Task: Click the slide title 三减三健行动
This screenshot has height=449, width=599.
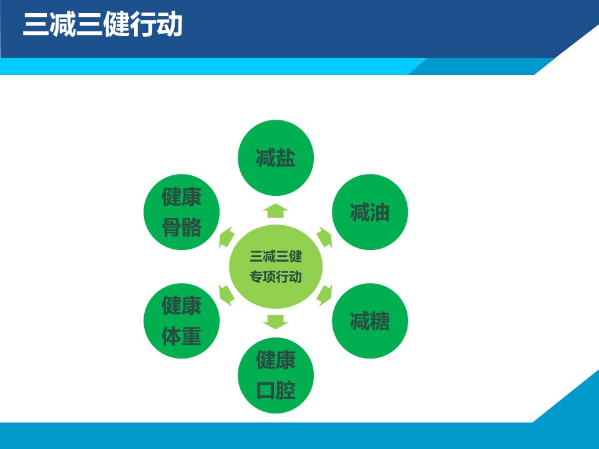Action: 102,25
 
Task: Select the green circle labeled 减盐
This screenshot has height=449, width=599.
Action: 275,158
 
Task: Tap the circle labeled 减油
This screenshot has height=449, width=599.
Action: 370,212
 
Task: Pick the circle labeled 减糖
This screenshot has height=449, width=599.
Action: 370,321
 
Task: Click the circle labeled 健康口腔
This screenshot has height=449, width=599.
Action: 275,375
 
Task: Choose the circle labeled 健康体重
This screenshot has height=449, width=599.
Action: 182,321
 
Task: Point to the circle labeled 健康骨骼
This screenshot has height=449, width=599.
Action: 182,212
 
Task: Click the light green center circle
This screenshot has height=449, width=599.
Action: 275,266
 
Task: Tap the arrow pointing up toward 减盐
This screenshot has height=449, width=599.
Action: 275,210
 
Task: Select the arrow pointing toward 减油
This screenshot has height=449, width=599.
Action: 324,237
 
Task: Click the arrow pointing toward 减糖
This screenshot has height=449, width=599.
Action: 324,295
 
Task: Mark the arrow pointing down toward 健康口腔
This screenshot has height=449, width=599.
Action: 275,322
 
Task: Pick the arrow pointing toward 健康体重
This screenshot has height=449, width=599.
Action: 226,295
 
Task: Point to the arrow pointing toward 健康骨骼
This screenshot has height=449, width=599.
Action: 226,237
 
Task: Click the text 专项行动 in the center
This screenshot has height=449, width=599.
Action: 275,276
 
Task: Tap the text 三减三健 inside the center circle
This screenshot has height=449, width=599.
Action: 275,256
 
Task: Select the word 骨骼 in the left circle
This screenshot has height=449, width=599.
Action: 182,228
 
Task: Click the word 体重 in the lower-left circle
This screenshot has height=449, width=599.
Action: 182,336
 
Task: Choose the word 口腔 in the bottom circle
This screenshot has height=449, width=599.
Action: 275,390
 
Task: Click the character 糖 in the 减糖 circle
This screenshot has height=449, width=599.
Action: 380,321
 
